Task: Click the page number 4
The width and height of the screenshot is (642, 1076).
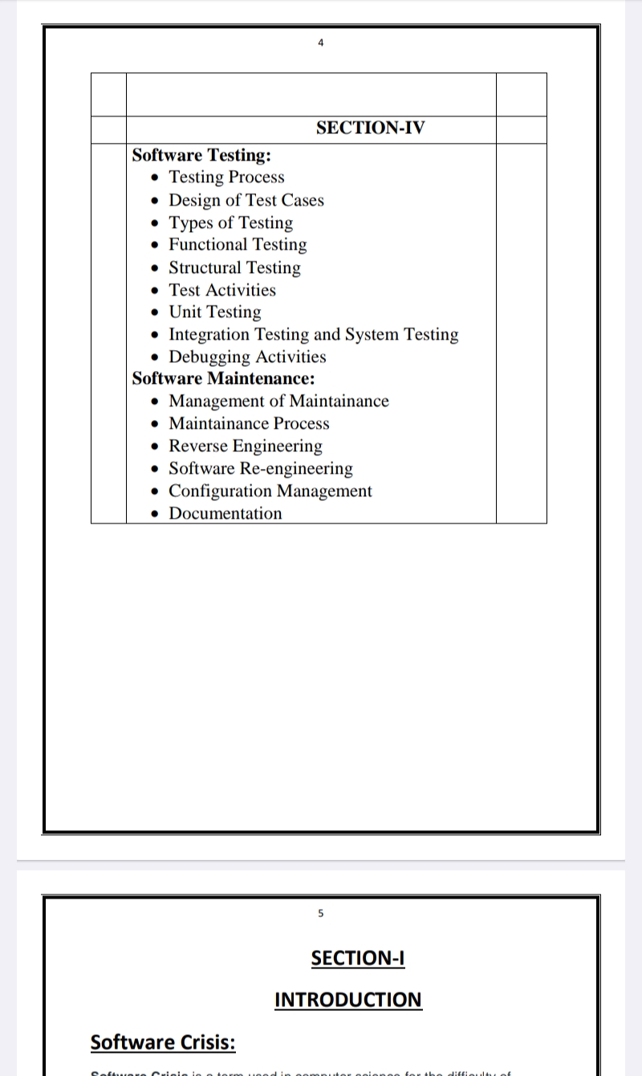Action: click(x=320, y=43)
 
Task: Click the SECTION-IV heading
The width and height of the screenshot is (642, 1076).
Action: click(x=370, y=128)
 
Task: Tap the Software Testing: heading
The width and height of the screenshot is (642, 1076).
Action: click(x=201, y=155)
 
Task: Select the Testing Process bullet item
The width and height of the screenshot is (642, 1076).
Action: click(x=226, y=177)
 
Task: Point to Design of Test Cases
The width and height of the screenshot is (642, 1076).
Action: click(x=246, y=200)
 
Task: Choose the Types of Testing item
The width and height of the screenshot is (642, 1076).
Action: click(x=230, y=222)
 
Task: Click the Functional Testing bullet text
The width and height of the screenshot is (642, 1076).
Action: click(x=238, y=245)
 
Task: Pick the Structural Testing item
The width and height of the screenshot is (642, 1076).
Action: click(x=234, y=267)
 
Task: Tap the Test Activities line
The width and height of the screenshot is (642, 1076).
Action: click(x=222, y=290)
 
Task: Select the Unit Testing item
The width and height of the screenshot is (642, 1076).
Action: click(x=214, y=312)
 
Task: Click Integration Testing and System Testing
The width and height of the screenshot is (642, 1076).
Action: click(x=313, y=335)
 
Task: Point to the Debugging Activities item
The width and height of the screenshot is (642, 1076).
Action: click(x=247, y=357)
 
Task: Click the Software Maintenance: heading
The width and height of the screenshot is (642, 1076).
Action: click(x=223, y=378)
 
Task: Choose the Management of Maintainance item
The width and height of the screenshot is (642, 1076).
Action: click(x=278, y=401)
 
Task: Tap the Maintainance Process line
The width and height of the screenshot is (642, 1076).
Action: click(x=249, y=424)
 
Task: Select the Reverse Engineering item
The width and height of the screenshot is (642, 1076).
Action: click(x=245, y=446)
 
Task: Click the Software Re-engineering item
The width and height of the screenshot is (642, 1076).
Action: click(x=260, y=469)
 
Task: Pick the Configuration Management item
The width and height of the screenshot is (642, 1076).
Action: click(x=270, y=491)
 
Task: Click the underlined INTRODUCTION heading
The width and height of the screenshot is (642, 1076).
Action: click(x=347, y=1000)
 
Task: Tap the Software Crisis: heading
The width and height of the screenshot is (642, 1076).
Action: click(x=163, y=1042)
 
